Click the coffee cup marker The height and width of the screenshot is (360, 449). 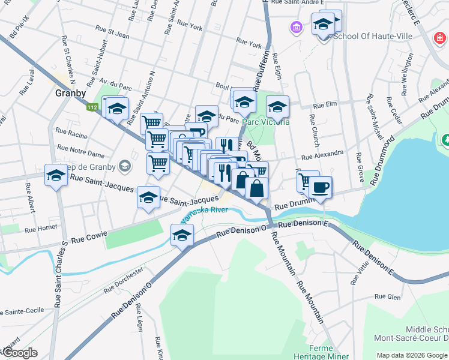pyautogui.click(x=320, y=187)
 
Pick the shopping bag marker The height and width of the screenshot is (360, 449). pyautogui.click(x=256, y=188)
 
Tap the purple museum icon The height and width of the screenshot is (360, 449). pyautogui.click(x=296, y=28)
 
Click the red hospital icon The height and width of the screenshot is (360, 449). pyautogui.click(x=441, y=40)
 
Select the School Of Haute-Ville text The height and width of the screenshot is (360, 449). pyautogui.click(x=372, y=36)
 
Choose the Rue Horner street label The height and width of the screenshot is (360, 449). pyautogui.click(x=41, y=228)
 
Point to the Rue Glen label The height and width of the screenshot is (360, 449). pyautogui.click(x=387, y=296)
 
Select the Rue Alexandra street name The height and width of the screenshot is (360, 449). pyautogui.click(x=322, y=154)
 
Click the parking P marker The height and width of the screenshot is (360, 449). pyautogui.click(x=197, y=133)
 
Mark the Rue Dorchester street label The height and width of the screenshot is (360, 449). pyautogui.click(x=123, y=280)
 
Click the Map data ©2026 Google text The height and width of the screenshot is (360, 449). pyautogui.click(x=411, y=355)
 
